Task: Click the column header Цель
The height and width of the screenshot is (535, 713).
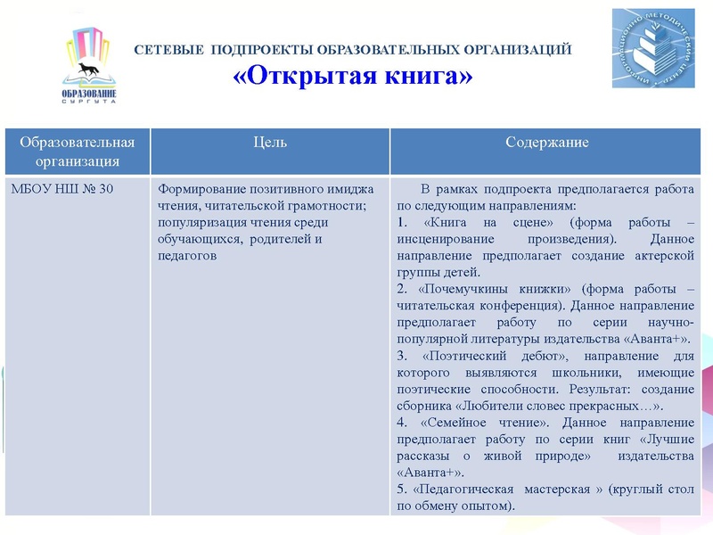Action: (x=270, y=143)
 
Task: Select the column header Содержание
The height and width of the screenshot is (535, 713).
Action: (x=546, y=143)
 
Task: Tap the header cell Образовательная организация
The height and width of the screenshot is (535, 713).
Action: (x=78, y=152)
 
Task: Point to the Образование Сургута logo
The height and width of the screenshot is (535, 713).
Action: (x=89, y=67)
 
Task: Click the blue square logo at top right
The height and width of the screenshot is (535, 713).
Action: (x=652, y=48)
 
